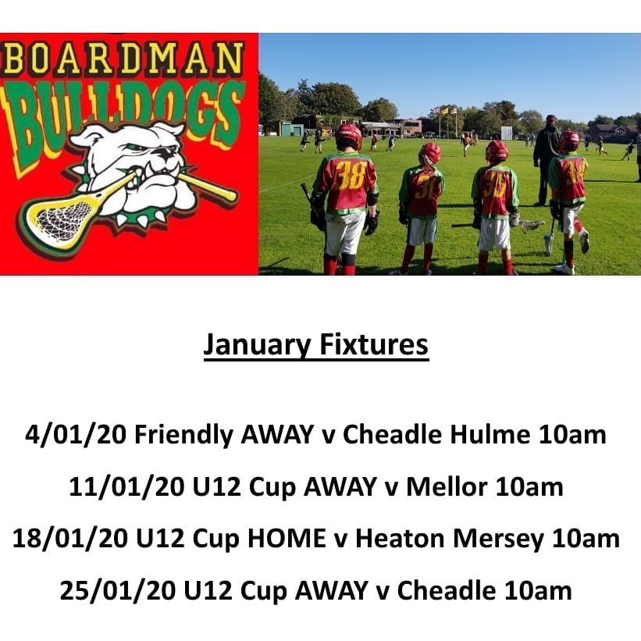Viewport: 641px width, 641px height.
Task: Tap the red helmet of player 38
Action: click(348, 135)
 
